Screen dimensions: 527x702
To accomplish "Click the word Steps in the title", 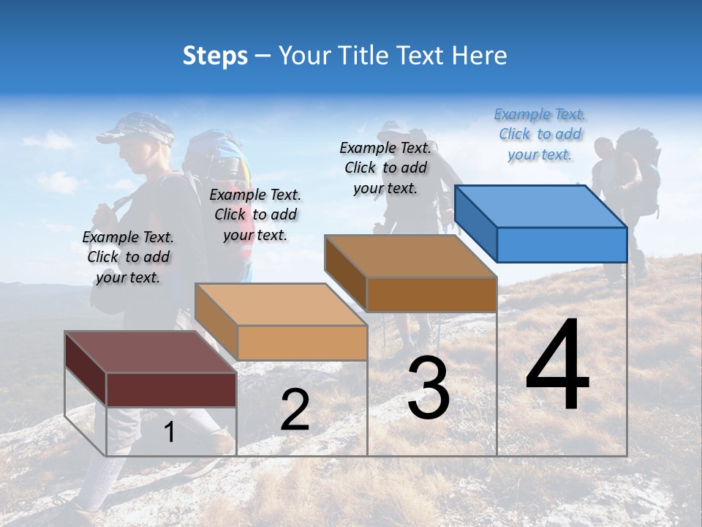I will click(215, 56).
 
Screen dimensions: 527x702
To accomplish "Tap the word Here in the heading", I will click(480, 56).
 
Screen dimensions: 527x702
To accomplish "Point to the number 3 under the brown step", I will click(429, 389).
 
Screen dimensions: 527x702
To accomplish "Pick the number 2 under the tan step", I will click(295, 410).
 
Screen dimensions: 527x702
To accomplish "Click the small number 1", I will click(169, 433).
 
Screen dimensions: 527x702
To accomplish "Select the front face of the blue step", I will click(562, 244).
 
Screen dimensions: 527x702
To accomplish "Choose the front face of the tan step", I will click(302, 343).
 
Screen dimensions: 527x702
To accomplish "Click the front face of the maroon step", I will click(171, 389).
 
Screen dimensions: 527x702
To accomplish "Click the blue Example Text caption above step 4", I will click(540, 134).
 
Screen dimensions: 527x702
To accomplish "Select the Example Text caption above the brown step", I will click(385, 168).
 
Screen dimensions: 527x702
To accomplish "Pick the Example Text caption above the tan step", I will click(255, 214).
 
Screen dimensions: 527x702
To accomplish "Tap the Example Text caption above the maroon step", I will click(128, 257).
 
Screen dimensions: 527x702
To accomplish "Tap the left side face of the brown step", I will click(345, 273).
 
